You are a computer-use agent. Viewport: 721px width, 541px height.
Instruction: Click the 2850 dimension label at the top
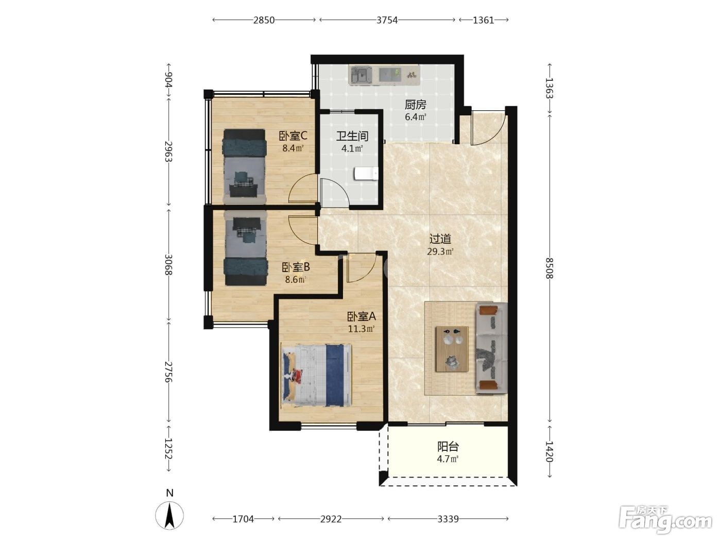264,21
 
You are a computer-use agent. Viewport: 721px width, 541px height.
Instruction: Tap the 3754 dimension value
387,21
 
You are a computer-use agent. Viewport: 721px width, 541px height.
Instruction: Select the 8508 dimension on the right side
549,268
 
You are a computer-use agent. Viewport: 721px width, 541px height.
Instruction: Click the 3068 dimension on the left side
169,264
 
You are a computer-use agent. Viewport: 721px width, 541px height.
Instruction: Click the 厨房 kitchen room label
416,105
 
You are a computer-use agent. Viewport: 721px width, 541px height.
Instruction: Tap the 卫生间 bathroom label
352,136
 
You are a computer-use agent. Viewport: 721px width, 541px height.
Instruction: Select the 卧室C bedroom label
293,136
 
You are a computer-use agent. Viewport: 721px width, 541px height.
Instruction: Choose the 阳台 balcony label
448,447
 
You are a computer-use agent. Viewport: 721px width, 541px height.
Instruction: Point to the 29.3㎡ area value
440,251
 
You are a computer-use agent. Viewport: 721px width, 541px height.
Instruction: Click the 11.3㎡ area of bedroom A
362,329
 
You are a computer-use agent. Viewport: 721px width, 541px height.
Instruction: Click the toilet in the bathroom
366,174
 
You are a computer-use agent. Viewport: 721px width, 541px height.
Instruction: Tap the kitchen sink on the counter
361,75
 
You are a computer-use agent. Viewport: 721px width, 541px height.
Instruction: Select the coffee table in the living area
452,349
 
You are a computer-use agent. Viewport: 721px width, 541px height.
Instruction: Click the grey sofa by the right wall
492,348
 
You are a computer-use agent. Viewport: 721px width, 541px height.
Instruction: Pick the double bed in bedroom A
317,375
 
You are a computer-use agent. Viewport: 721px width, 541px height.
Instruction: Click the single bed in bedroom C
244,166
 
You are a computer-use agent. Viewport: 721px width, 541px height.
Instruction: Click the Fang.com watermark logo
665,520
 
